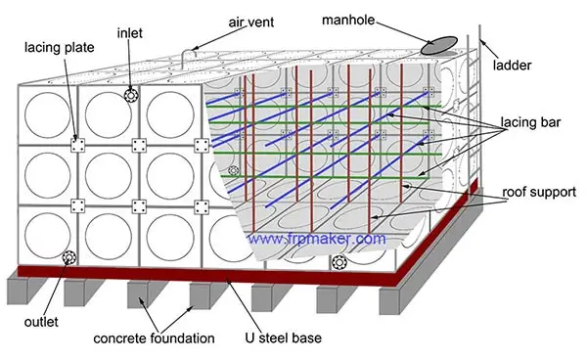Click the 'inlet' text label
(x=130, y=33)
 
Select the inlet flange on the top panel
(x=130, y=96)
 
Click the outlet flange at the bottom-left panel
(x=68, y=258)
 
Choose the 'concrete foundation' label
(x=154, y=338)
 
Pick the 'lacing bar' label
(x=529, y=124)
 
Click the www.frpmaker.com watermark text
(x=316, y=238)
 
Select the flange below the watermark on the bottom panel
(x=339, y=262)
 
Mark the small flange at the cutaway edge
(x=233, y=170)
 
